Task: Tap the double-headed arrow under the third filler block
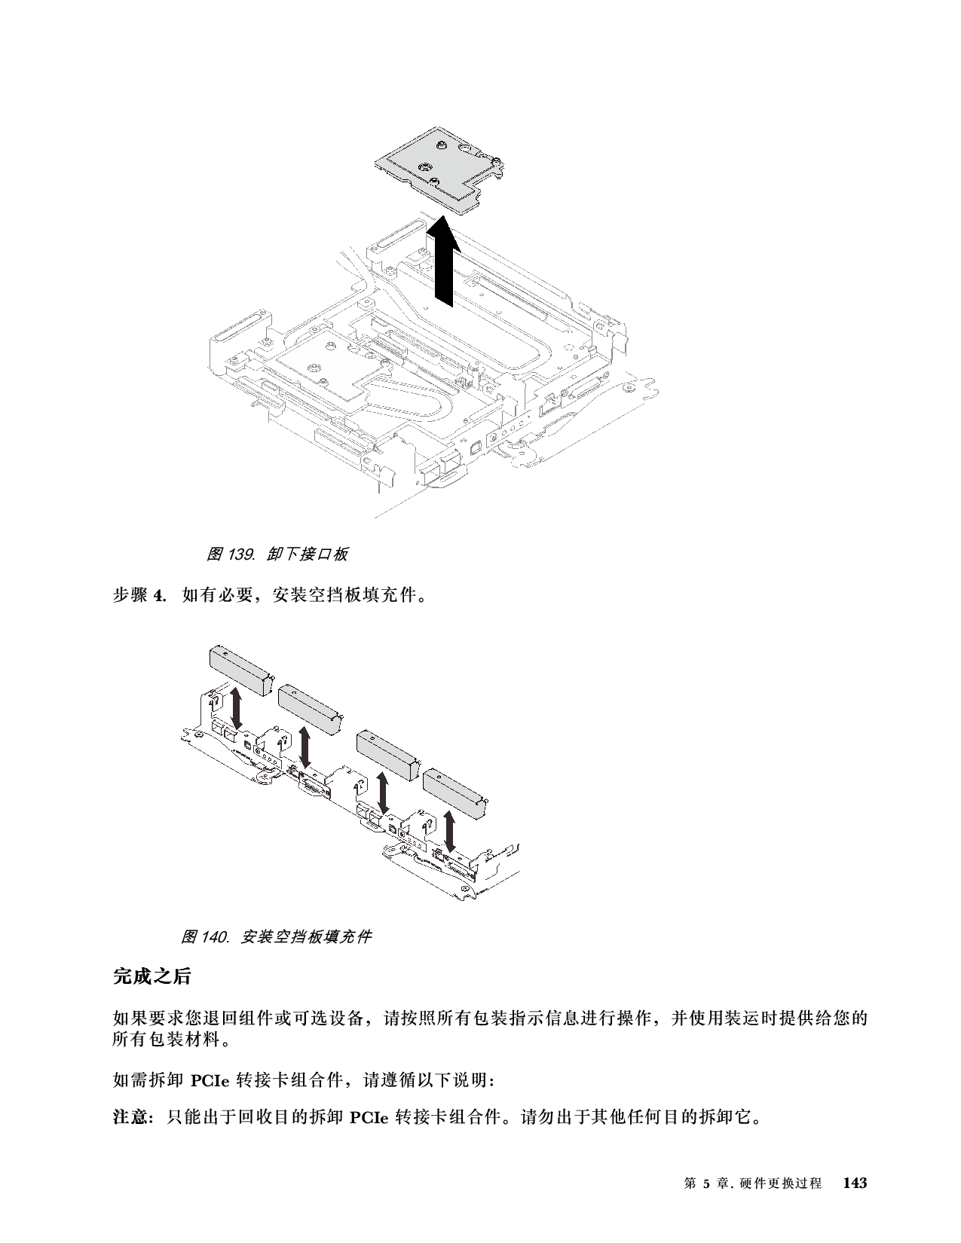click(x=384, y=793)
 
